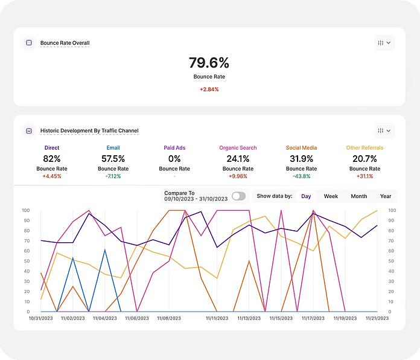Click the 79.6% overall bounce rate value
(x=209, y=63)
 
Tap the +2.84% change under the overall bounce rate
(x=209, y=89)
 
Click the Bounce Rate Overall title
(x=65, y=43)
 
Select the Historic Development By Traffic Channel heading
(x=89, y=130)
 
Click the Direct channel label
(x=52, y=148)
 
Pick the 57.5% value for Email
(x=113, y=159)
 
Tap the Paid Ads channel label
(x=174, y=148)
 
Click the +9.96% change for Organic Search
(x=238, y=176)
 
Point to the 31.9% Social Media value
(x=301, y=159)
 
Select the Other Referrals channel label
(x=364, y=148)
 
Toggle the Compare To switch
(x=238, y=196)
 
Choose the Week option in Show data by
(x=331, y=196)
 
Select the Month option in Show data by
(x=359, y=196)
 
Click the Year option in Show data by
(x=386, y=196)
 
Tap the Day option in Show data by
(x=306, y=196)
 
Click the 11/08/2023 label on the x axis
(x=169, y=318)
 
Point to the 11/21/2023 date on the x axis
(x=377, y=318)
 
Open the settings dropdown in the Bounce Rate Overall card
(x=384, y=43)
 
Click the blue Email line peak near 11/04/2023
(x=105, y=249)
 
